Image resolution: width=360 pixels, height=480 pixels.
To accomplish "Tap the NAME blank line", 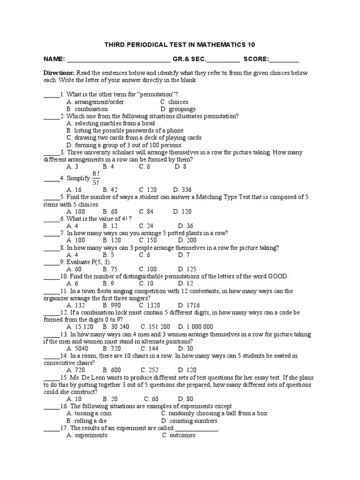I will pos(119,60).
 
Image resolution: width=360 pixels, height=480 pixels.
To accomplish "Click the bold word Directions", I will pos(59,73).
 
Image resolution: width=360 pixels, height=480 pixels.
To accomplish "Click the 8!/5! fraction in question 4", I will pos(96,178).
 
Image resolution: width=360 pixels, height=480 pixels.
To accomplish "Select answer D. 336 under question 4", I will pos(182,190).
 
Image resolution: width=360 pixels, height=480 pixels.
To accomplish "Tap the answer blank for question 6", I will pos(50,219).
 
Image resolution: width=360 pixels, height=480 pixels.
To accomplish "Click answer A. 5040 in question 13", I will pos(77,348).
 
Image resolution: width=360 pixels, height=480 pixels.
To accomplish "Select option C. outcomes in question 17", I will pos(179,435).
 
